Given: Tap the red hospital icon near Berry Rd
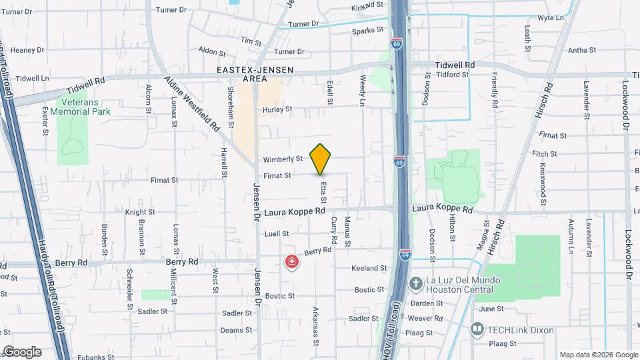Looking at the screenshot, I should click(x=291, y=262).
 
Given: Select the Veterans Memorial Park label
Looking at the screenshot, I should click(x=85, y=107).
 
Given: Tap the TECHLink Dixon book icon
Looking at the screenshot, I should click(x=477, y=329).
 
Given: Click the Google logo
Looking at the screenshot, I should click(x=21, y=352).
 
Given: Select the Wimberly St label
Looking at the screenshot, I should click(x=283, y=159).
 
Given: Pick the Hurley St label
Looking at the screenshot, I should click(x=278, y=109).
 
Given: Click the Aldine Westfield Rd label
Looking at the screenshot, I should click(x=193, y=103).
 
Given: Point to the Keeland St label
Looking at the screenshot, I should click(x=369, y=268).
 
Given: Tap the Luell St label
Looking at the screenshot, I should click(x=276, y=233).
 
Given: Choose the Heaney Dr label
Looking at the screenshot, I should click(x=27, y=50).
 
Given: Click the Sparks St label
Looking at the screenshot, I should click(x=368, y=30).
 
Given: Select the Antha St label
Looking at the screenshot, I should click(x=581, y=50).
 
